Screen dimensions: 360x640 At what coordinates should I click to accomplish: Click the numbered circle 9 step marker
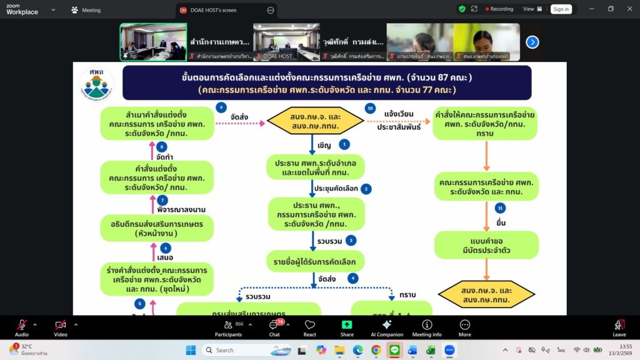pyautogui.click(x=221, y=107)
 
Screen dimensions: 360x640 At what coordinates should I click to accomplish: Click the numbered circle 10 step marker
pyautogui.click(x=371, y=108)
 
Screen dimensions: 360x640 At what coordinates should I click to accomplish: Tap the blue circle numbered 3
pyautogui.click(x=351, y=240)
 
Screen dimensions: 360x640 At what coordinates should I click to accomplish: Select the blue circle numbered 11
pyautogui.click(x=499, y=208)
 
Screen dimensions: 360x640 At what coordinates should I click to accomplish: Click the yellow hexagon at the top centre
pyautogui.click(x=316, y=121)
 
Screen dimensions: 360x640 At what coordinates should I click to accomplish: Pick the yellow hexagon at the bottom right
pyautogui.click(x=486, y=294)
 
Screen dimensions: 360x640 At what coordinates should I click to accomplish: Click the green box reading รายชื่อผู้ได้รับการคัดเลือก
pyautogui.click(x=315, y=261)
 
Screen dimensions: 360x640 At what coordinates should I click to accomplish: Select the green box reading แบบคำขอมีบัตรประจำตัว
pyautogui.click(x=486, y=245)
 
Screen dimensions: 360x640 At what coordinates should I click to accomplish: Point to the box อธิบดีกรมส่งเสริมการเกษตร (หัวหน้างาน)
pyautogui.click(x=156, y=228)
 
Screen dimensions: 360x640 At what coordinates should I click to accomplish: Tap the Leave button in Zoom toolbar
pyautogui.click(x=619, y=328)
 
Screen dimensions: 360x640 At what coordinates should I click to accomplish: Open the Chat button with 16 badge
pyautogui.click(x=275, y=328)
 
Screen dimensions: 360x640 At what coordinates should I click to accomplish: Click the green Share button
pyautogui.click(x=347, y=328)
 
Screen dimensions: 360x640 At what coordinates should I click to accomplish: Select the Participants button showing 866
pyautogui.click(x=232, y=328)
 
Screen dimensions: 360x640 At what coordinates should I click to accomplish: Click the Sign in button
pyautogui.click(x=561, y=9)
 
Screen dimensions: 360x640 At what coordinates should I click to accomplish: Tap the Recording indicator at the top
pyautogui.click(x=497, y=9)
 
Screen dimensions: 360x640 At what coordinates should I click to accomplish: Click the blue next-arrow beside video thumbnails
pyautogui.click(x=532, y=42)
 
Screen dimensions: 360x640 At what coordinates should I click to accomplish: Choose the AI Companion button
pyautogui.click(x=387, y=328)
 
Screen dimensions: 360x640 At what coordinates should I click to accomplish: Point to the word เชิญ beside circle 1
pyautogui.click(x=324, y=145)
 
